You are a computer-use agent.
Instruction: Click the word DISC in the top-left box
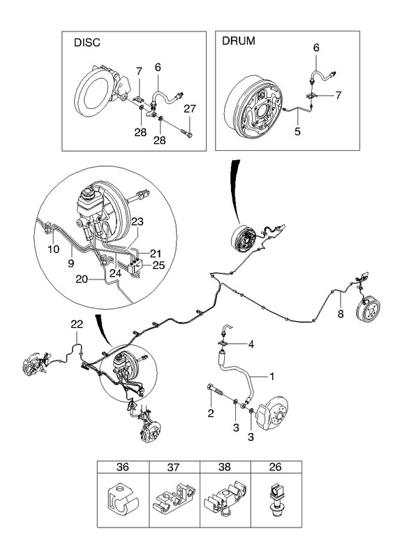coord(87,43)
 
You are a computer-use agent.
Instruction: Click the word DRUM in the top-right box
coord(238,41)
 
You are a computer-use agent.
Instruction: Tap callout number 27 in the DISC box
coord(190,108)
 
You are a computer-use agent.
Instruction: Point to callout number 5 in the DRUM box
coord(297,131)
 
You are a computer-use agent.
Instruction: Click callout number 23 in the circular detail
coord(137,222)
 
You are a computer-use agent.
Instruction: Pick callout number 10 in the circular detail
coord(54,249)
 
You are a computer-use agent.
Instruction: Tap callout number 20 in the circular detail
coord(82,279)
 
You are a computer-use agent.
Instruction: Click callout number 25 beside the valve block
coord(158,266)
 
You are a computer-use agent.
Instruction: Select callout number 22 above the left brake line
coord(77,324)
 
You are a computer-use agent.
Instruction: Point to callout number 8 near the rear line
coord(341,314)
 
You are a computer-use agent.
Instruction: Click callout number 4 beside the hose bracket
coord(251,344)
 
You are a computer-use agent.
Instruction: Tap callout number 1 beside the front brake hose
coord(272,376)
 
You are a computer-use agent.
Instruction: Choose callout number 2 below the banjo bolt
coord(211,413)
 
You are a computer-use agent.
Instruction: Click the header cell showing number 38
coord(225,467)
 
